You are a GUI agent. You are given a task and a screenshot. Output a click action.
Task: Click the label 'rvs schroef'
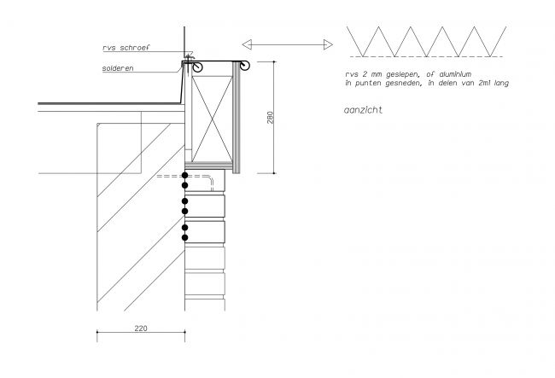126,48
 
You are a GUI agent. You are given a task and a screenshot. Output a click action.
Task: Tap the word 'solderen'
118,68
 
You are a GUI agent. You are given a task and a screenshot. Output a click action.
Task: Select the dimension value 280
271,118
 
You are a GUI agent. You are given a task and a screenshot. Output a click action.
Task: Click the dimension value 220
141,329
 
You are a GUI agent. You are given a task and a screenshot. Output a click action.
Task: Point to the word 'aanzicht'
363,110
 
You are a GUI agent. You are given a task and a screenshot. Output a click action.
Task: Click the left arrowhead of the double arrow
247,44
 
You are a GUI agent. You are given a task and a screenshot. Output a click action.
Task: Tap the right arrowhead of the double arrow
328,44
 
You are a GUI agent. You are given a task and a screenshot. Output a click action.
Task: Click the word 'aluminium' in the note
455,74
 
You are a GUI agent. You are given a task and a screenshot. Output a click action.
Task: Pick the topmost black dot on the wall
184,176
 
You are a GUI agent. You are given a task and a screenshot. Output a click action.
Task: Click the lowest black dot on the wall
184,237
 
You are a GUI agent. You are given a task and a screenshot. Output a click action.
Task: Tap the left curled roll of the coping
197,67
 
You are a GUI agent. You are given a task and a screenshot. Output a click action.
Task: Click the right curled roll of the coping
244,66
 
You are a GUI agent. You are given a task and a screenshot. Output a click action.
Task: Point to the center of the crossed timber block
212,119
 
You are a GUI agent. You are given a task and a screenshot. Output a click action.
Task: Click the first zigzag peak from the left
379,26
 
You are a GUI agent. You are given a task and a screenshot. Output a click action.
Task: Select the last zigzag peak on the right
474,26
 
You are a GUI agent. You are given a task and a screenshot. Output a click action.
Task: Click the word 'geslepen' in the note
402,74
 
